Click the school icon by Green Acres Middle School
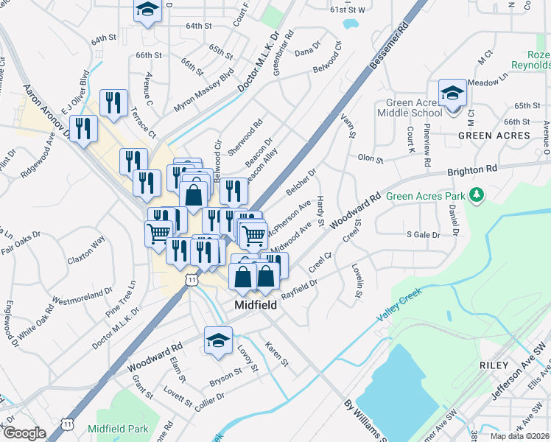(x=452, y=94)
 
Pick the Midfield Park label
(x=118, y=429)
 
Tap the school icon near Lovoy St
(x=217, y=341)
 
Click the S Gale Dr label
(x=423, y=235)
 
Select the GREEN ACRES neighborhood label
(x=494, y=136)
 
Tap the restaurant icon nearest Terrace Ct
(x=113, y=103)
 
